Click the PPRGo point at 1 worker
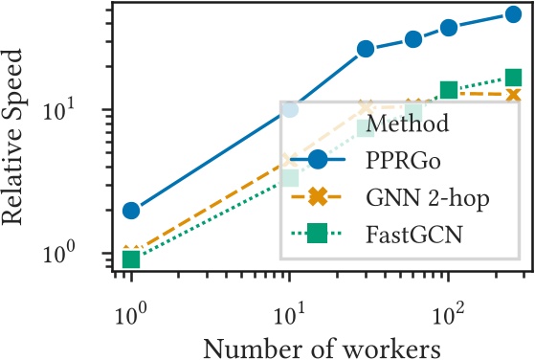point(131,210)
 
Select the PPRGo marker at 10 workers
point(289,109)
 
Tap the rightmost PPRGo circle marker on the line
point(513,14)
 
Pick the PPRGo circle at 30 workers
point(365,49)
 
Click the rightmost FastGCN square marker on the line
point(513,78)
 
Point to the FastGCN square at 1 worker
point(131,259)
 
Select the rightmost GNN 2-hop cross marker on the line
point(513,95)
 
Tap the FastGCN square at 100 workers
point(448,90)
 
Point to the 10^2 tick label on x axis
point(448,308)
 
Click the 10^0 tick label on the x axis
point(131,308)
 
